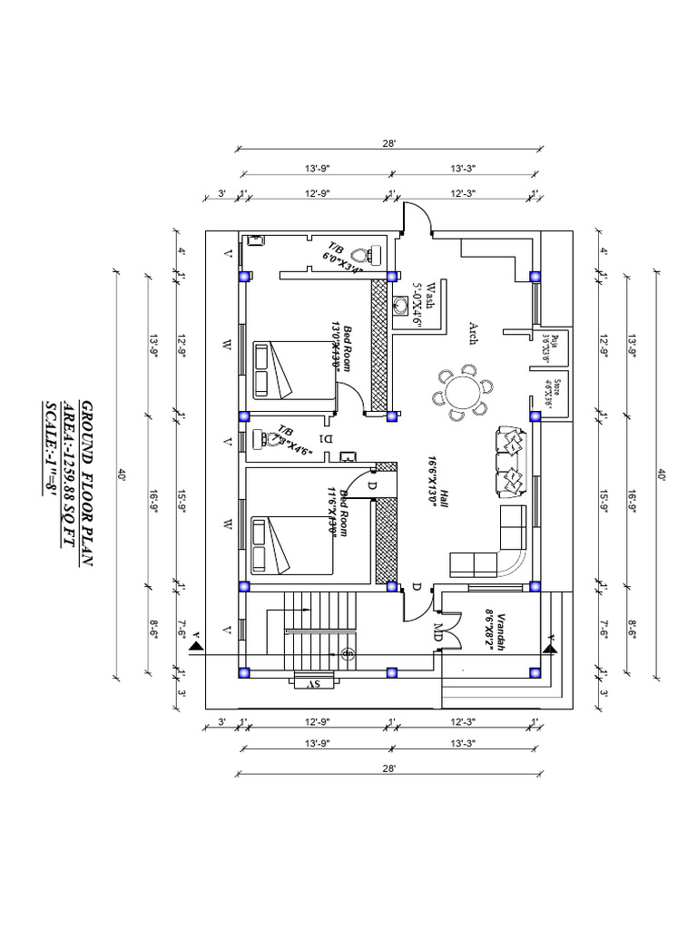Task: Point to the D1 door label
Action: tap(327, 438)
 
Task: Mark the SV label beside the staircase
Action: tap(309, 683)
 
